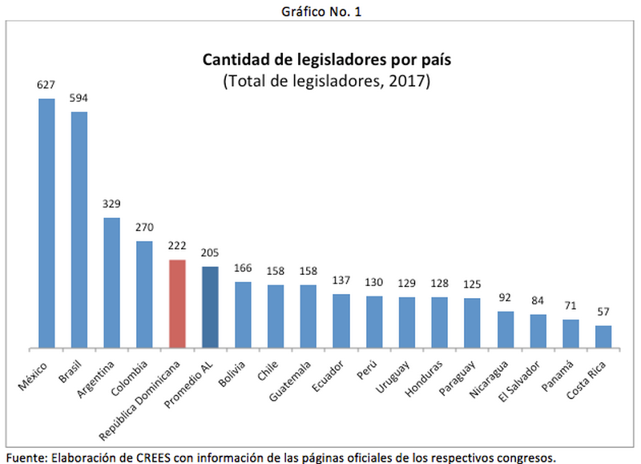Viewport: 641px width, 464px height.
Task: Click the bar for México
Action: pyautogui.click(x=46, y=224)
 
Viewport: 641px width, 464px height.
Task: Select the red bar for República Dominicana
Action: pyautogui.click(x=177, y=305)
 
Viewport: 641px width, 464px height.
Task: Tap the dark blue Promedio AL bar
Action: pyautogui.click(x=210, y=308)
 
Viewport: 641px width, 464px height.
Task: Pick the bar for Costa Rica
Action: pyautogui.click(x=603, y=337)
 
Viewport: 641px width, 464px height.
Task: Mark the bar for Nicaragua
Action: pyautogui.click(x=505, y=329)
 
